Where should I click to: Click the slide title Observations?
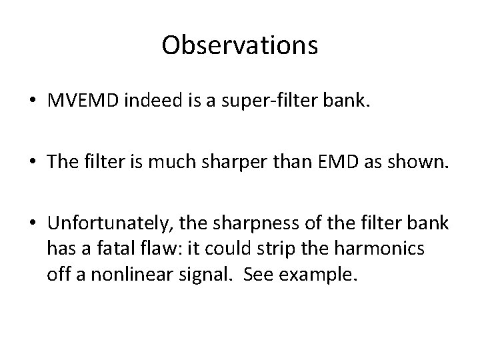click(x=239, y=45)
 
